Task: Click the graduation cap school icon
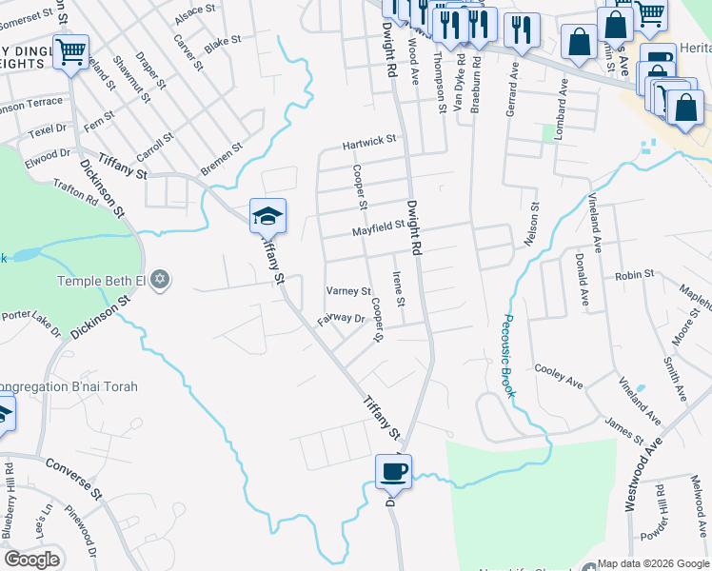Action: (268, 216)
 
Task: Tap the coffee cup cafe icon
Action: (393, 470)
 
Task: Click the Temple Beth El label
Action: (103, 281)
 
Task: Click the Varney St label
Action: (348, 291)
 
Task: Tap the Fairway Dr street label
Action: (342, 319)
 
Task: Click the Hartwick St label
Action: (369, 142)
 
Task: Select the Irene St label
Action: (400, 289)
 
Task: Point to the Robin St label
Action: (634, 274)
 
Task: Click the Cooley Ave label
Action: (559, 376)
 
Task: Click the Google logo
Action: (31, 559)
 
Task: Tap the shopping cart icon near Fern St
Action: (70, 51)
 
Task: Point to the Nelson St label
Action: (531, 225)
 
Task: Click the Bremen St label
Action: (222, 160)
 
